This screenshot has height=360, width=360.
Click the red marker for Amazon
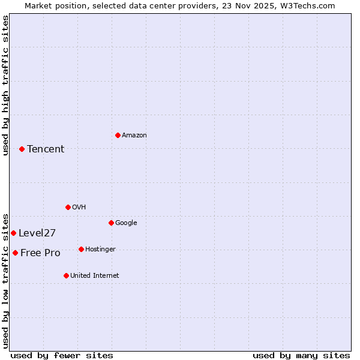coord(118,135)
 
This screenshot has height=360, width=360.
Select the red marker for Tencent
coord(22,149)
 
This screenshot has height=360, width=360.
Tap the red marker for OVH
coord(68,207)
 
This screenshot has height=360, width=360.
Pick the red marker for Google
coord(111,223)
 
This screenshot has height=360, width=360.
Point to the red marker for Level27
coord(13,233)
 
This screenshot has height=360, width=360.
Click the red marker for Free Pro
coord(15,253)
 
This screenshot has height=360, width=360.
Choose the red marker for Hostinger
coord(81,249)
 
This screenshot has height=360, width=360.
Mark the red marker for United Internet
coord(66,275)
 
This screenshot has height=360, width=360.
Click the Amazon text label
coord(134,135)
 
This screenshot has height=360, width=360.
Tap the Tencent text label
coord(46,149)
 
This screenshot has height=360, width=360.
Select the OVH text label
coord(79,207)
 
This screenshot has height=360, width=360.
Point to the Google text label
coord(126,223)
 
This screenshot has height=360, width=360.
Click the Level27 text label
coord(37,233)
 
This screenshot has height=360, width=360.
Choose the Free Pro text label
coord(40,253)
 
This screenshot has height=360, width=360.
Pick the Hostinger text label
coord(100,249)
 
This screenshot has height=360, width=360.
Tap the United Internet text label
coord(94,275)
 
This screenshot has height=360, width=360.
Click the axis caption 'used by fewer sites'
coord(62,355)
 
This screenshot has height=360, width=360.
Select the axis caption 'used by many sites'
coord(301,355)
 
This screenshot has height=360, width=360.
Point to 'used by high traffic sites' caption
coord(5,85)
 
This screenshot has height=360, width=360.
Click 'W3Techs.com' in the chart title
coord(308,5)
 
